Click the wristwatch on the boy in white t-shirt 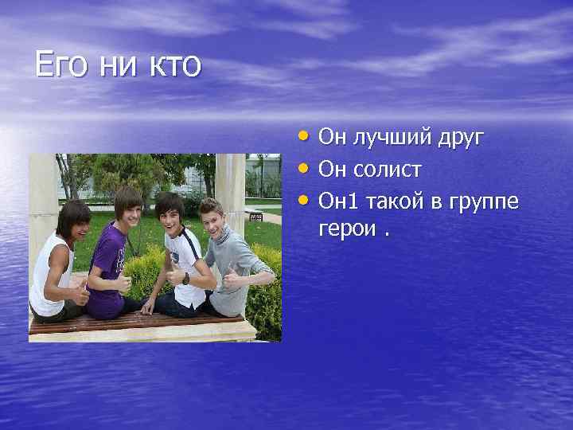[185, 279]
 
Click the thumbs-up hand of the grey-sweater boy [230, 279]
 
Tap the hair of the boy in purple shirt [127, 197]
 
